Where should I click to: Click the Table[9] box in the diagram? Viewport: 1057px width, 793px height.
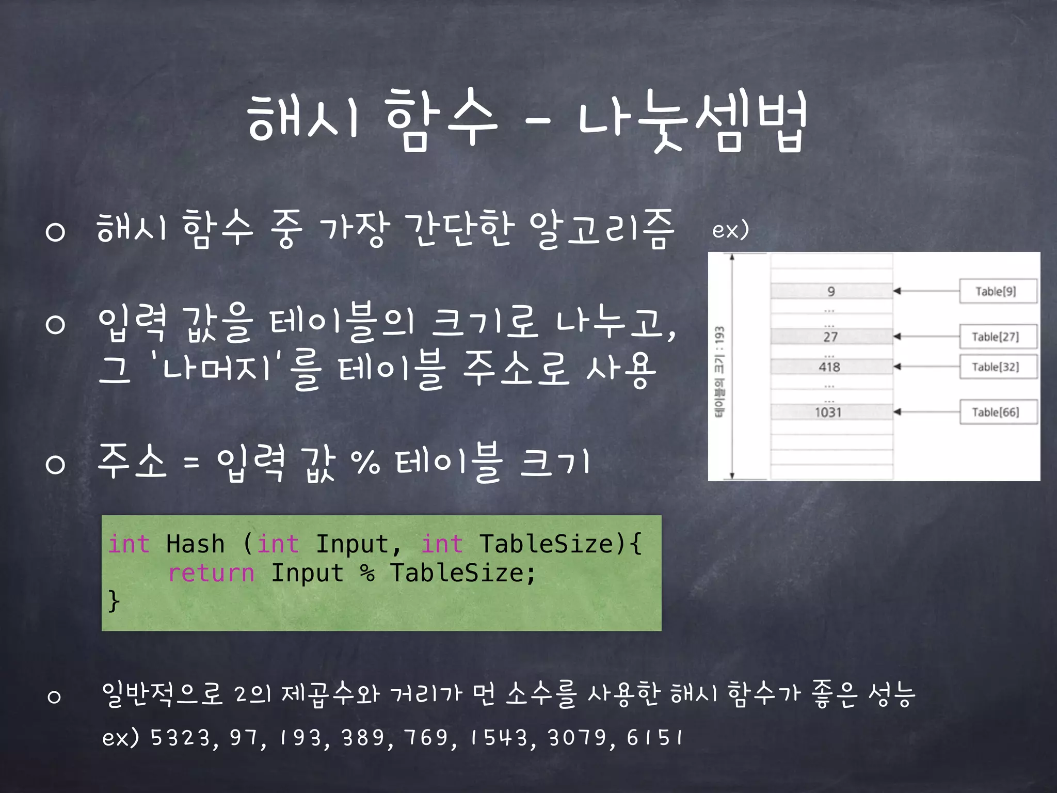(998, 292)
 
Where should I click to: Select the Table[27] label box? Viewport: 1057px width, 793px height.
(998, 337)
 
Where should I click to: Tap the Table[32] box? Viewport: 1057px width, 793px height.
(998, 367)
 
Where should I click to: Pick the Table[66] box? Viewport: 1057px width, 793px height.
(998, 412)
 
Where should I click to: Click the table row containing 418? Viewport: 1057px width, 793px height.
(831, 367)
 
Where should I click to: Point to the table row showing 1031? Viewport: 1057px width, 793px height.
(831, 412)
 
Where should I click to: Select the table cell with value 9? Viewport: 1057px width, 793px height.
(831, 291)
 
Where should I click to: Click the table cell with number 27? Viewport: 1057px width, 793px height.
(831, 337)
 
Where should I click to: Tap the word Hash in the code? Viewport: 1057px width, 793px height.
(195, 544)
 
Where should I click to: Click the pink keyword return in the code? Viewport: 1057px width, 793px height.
(211, 573)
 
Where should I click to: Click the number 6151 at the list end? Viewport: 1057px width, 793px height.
(654, 738)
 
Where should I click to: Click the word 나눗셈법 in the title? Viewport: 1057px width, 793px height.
(692, 120)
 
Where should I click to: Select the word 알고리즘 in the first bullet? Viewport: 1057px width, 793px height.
(602, 230)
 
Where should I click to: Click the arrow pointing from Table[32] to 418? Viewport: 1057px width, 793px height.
(926, 367)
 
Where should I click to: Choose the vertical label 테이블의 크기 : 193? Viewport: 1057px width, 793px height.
(719, 371)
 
